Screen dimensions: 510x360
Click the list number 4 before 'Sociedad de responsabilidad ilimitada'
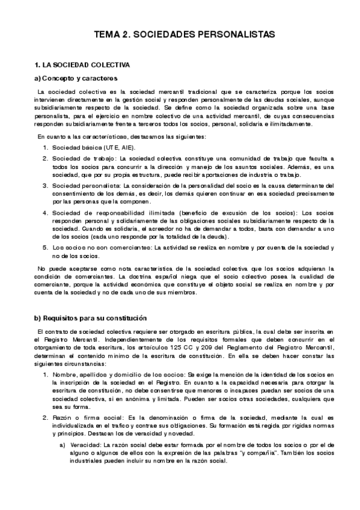(x=45, y=213)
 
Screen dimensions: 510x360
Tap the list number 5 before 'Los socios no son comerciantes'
(x=45, y=247)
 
